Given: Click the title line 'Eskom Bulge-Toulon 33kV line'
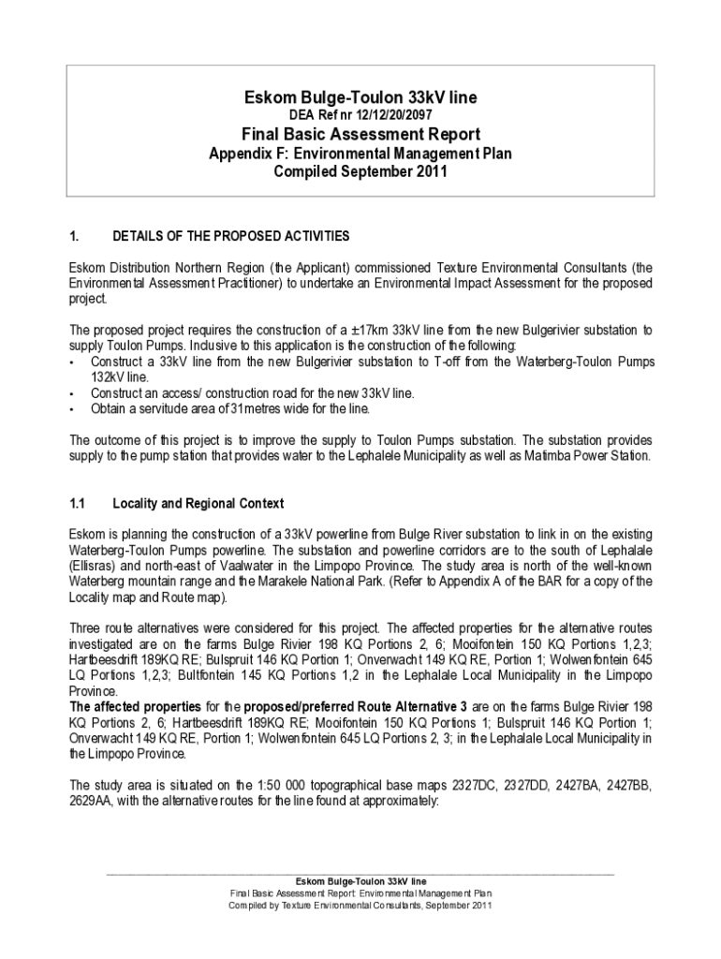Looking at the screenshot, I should click(360, 96).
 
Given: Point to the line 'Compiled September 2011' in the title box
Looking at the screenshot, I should click(360, 171).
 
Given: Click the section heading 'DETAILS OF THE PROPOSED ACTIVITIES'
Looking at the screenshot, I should click(230, 235).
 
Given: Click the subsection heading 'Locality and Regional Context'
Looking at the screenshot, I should click(198, 504).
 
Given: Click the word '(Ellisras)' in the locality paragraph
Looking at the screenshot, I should click(96, 568).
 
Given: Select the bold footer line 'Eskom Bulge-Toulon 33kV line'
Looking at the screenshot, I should click(360, 881).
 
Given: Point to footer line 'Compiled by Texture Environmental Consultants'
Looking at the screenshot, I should click(360, 907).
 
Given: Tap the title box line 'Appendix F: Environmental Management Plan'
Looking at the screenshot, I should click(360, 153).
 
